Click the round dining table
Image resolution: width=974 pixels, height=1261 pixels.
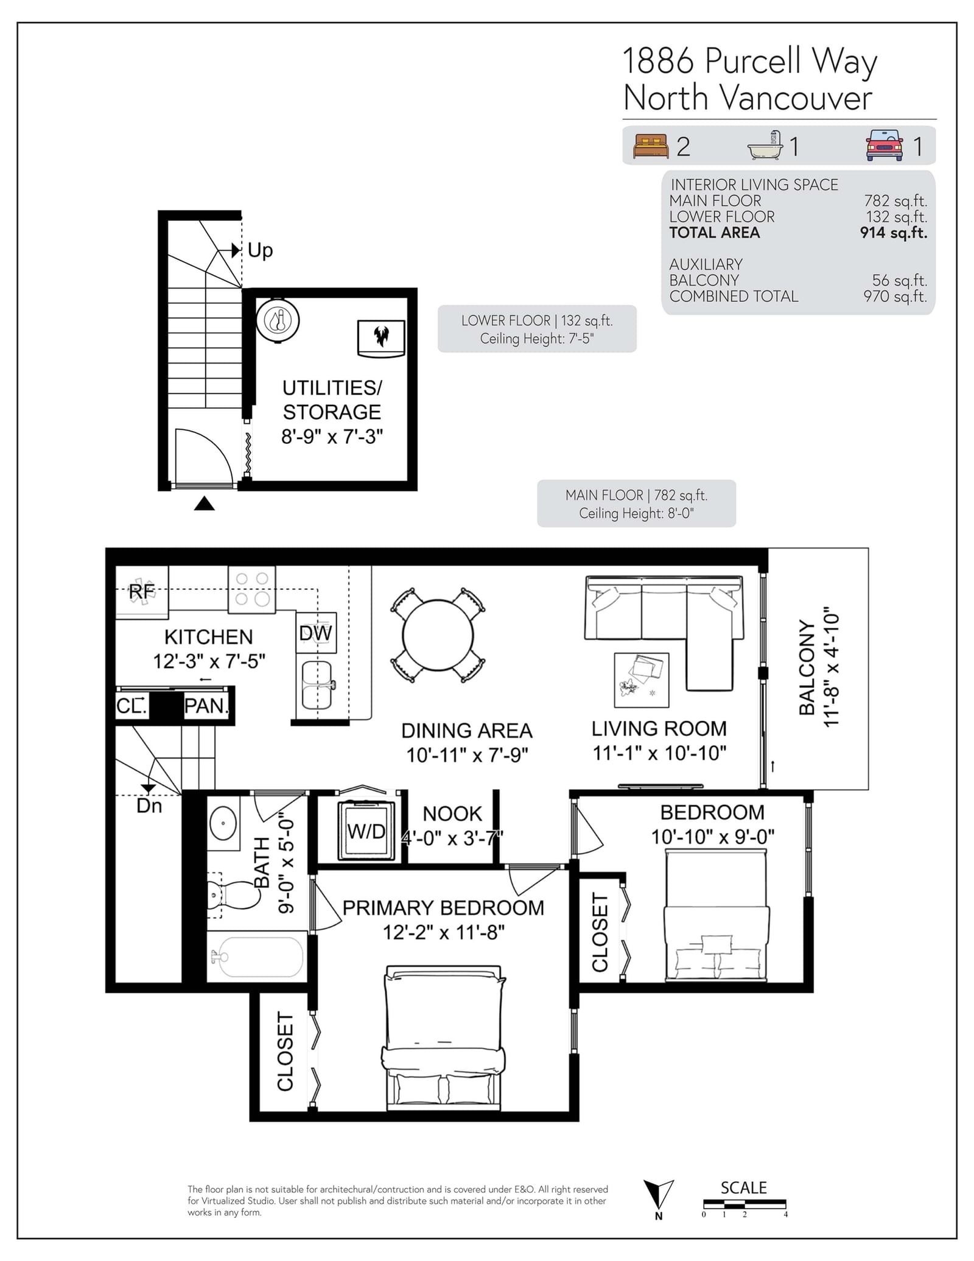tap(438, 635)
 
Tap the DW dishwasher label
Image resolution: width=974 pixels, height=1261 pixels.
tap(315, 633)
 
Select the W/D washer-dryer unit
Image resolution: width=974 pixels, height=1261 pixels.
tap(366, 831)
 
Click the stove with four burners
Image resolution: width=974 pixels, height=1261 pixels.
tap(252, 589)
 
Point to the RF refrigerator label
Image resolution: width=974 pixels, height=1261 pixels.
tap(142, 591)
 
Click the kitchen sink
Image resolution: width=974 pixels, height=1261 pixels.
tap(317, 685)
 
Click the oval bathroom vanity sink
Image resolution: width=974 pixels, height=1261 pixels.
tap(223, 823)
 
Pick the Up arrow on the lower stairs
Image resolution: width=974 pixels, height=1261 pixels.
tap(236, 250)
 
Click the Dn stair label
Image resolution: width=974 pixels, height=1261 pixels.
tap(149, 806)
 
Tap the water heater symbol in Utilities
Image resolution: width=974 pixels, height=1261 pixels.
tap(278, 320)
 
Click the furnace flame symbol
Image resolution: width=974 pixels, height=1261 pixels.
tap(381, 337)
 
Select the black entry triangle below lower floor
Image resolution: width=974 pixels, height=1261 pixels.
tap(204, 504)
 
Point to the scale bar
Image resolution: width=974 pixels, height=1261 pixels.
tap(745, 1204)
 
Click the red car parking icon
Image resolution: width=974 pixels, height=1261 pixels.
tap(885, 146)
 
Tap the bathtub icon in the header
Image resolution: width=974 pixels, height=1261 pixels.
tap(765, 146)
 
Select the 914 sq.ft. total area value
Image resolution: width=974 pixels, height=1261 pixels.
tap(894, 233)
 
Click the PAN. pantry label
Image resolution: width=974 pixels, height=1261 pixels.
tap(206, 706)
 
